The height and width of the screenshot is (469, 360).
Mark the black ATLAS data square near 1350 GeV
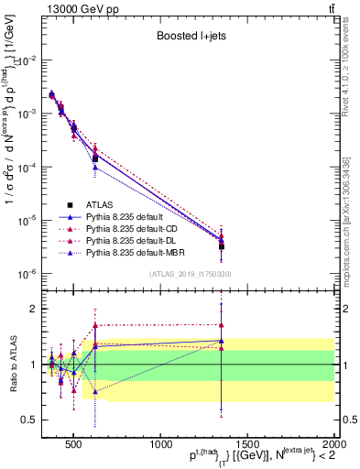point(221,246)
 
